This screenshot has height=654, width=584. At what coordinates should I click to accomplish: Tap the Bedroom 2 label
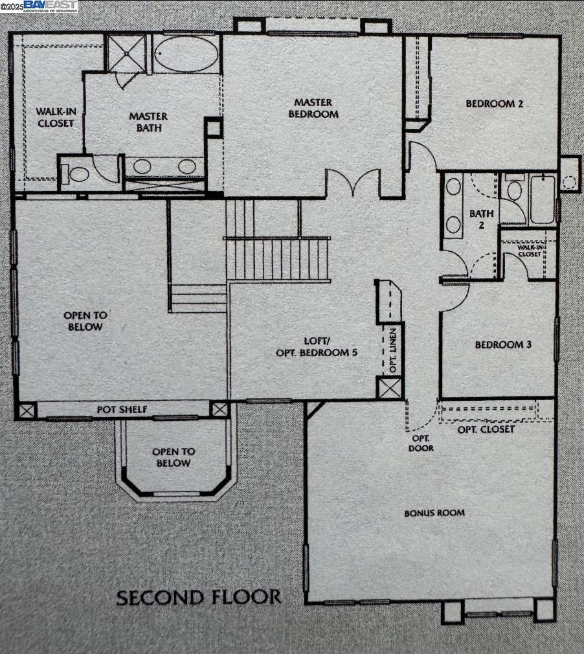[x=494, y=104]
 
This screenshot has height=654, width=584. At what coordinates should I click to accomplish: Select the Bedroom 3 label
[x=503, y=344]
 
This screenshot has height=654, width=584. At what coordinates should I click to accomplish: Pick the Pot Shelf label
[x=122, y=410]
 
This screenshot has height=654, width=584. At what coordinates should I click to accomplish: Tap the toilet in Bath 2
[x=514, y=190]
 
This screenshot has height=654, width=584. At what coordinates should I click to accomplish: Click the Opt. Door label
[x=421, y=443]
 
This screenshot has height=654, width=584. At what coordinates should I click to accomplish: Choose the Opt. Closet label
[x=486, y=429]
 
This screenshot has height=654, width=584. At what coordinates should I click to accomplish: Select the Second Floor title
[x=199, y=597]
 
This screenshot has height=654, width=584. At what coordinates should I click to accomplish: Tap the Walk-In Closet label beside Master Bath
[x=55, y=117]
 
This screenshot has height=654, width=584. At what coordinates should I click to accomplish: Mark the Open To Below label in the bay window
[x=173, y=457]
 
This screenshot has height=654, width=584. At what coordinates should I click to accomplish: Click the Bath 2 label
[x=482, y=219]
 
